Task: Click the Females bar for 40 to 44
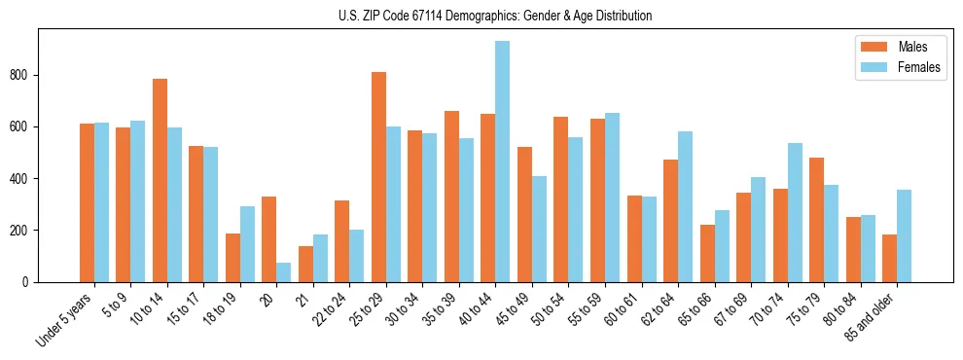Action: coord(503,162)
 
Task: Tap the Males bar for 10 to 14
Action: coord(160,180)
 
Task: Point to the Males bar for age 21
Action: coord(305,264)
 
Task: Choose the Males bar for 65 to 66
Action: coord(707,253)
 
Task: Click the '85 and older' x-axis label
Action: coord(868,316)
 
